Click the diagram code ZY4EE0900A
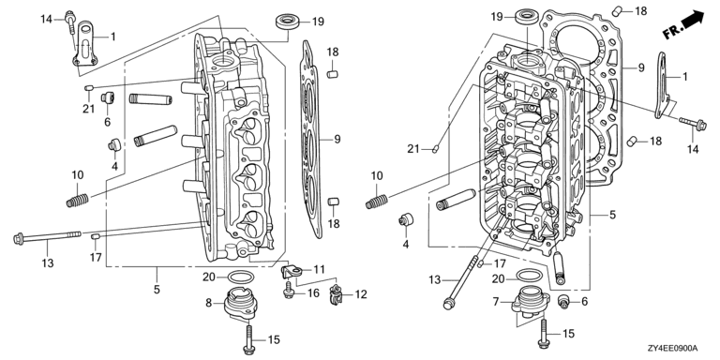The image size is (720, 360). (673, 349)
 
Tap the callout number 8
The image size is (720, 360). (208, 303)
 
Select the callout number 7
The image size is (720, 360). (495, 301)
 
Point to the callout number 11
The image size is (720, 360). (319, 269)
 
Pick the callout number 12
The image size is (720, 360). (361, 293)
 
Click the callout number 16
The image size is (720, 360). (313, 292)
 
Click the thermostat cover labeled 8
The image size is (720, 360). (241, 303)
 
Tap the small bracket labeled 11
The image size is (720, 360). (291, 272)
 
